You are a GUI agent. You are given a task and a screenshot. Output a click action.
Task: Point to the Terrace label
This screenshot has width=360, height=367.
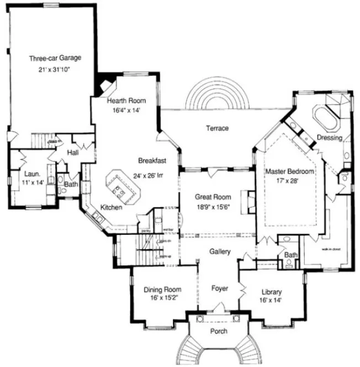click(218, 129)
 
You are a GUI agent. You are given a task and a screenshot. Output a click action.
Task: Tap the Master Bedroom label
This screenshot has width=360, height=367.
click(289, 172)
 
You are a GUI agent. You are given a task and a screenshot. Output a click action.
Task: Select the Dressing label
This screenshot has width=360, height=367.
click(330, 138)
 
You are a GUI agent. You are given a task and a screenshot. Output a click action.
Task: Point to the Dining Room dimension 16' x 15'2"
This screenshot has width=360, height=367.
click(162, 298)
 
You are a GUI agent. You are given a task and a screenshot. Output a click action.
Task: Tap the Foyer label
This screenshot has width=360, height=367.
click(220, 289)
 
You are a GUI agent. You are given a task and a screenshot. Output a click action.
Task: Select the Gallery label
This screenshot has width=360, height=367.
click(219, 251)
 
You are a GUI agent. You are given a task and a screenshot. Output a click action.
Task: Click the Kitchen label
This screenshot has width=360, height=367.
click(111, 208)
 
